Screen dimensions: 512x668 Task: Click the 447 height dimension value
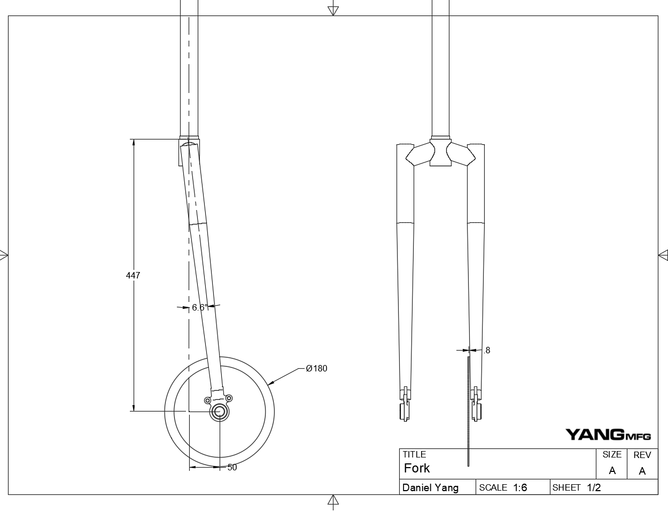coord(133,276)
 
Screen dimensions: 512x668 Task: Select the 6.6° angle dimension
coord(199,307)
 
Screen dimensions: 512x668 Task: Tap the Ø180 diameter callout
coord(316,368)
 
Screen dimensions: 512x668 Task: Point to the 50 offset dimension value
coord(232,468)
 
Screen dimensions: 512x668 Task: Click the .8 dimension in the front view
coord(486,351)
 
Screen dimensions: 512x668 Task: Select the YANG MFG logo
coord(608,435)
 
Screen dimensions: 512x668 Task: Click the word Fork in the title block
coord(417,469)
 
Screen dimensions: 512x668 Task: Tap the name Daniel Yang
coord(430,487)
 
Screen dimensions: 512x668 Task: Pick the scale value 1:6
coord(520,487)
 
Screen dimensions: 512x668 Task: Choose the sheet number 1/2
coord(594,487)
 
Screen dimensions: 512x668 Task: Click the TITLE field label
coord(414,455)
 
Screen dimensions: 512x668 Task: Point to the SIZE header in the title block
coord(612,455)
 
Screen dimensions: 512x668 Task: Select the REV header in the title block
coord(642,455)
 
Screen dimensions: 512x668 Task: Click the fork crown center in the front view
coord(440,153)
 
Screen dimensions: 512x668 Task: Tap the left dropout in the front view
coord(406,405)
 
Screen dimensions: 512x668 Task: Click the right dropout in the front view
coord(475,405)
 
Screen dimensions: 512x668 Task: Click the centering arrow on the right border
coord(663,255)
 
